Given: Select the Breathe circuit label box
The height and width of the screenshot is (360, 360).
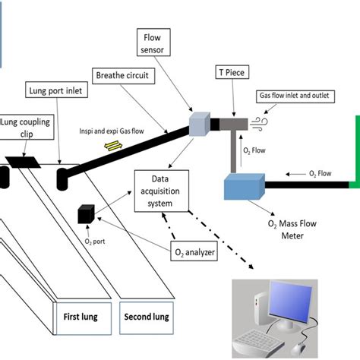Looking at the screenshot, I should point(123,75).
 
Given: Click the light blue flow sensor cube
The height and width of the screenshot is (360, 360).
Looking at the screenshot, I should point(200,123).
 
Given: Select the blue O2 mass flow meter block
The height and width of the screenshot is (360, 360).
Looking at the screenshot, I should point(244,186).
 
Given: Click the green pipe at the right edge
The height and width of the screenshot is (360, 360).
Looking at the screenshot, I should point(354,152).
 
